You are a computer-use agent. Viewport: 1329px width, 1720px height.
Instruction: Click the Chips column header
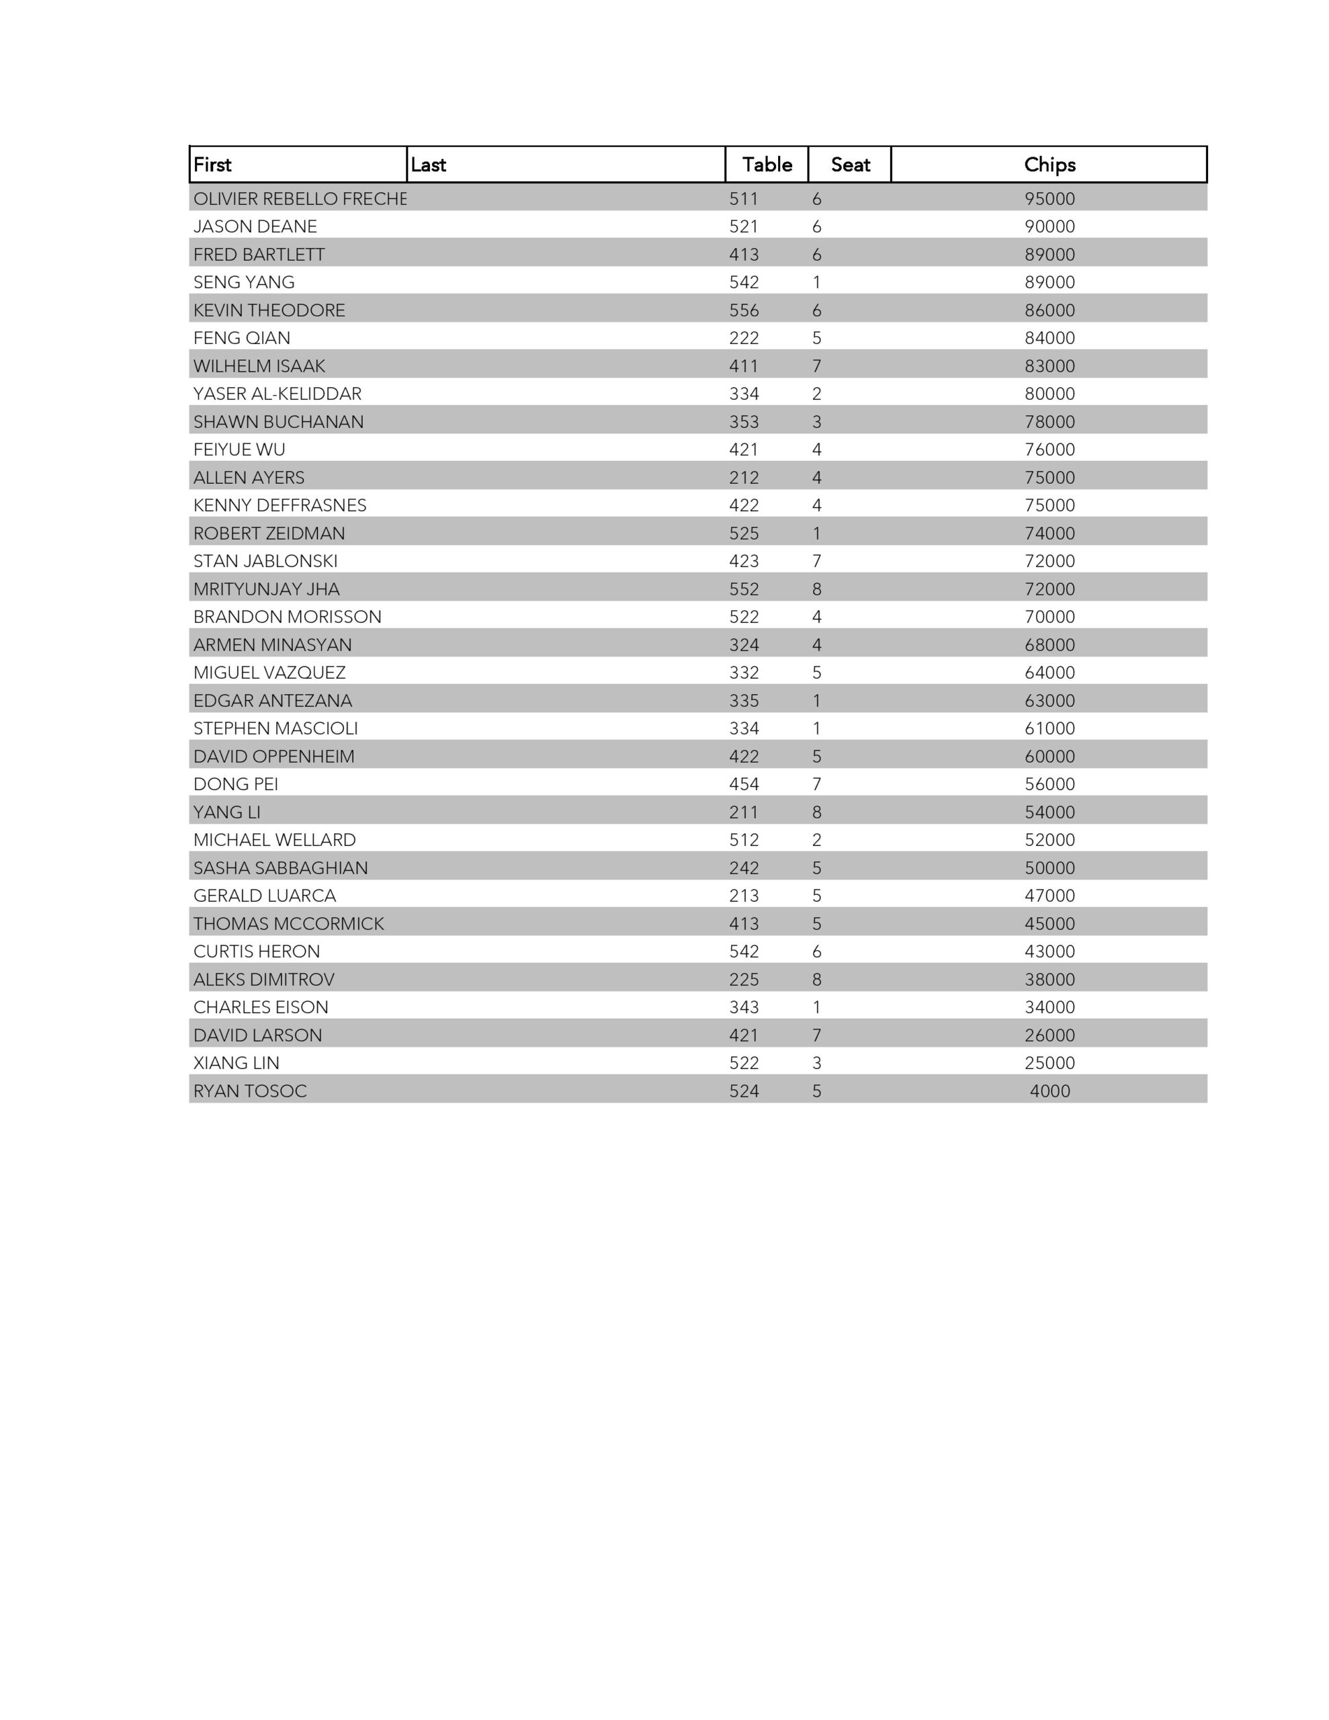point(1049,165)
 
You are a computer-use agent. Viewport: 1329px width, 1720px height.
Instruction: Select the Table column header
point(767,165)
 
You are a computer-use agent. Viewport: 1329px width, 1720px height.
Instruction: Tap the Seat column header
point(850,165)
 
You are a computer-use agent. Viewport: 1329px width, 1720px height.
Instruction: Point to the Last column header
point(428,165)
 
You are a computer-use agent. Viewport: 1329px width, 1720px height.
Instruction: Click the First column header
point(213,165)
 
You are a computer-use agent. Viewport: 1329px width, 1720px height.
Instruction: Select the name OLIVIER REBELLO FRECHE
point(300,198)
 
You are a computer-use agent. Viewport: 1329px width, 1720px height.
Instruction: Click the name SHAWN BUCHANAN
point(278,422)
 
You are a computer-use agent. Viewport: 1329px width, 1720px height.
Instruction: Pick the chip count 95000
point(1049,198)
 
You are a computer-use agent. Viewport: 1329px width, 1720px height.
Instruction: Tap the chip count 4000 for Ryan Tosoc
point(1049,1090)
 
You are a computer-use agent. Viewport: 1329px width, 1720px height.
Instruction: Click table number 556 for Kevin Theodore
point(744,310)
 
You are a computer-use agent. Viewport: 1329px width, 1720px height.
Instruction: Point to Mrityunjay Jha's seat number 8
point(816,589)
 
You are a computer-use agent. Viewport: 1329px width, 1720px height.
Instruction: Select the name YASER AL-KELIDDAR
point(277,394)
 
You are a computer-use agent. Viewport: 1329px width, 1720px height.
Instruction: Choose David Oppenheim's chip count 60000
point(1049,756)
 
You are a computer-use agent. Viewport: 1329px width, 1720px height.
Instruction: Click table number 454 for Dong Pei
point(744,784)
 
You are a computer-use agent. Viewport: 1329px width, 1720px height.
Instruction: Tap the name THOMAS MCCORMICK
point(288,924)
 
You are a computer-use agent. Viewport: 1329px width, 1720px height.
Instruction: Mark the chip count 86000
point(1049,310)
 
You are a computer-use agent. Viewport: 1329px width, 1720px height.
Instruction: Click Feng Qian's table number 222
point(744,338)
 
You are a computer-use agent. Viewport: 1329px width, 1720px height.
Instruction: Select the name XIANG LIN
point(237,1063)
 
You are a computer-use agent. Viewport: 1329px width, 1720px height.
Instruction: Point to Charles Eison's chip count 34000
point(1049,1007)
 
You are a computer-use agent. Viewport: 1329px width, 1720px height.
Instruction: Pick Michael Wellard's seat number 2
point(816,840)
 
